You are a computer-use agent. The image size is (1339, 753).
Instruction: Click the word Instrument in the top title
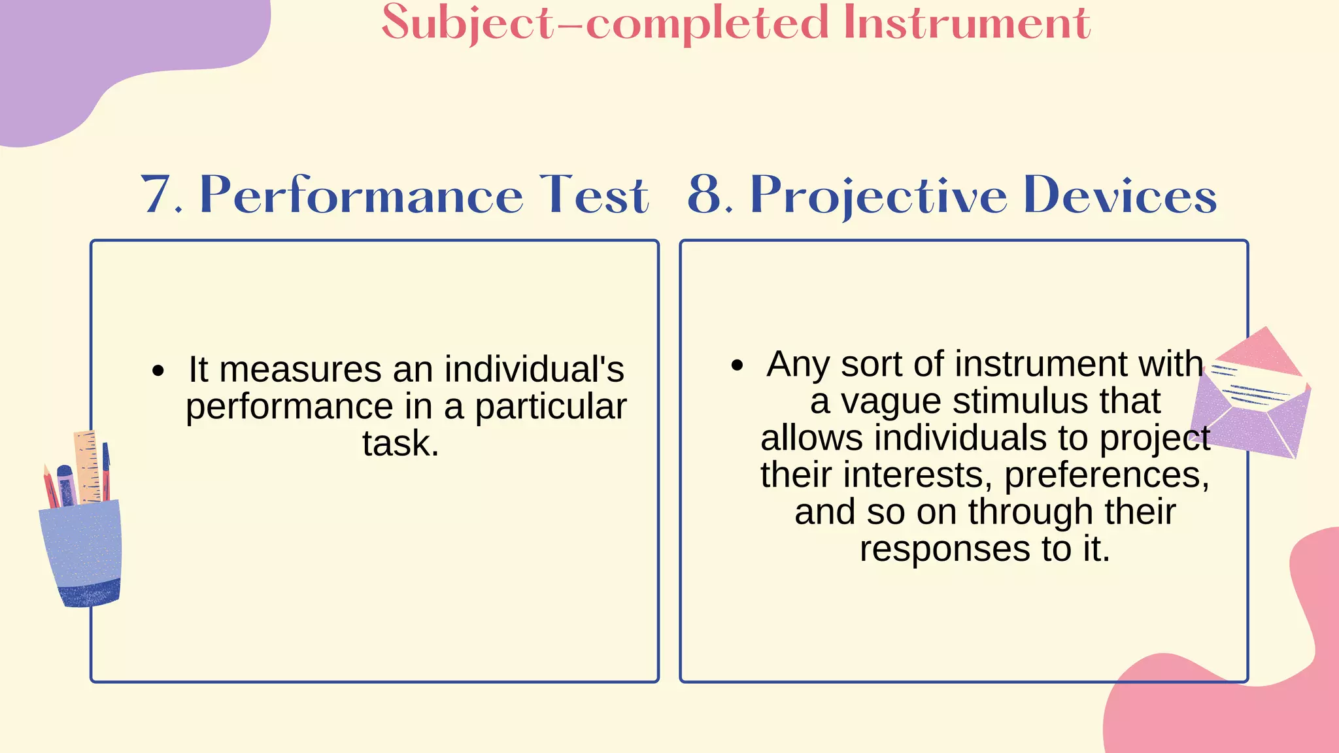click(966, 24)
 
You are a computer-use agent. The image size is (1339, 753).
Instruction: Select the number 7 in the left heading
click(157, 195)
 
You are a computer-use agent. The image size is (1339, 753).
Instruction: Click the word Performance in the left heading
click(361, 195)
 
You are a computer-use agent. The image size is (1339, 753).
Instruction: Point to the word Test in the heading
click(594, 195)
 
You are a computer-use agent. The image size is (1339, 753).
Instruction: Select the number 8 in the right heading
click(705, 195)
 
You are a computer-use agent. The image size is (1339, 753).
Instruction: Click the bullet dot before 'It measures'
click(158, 371)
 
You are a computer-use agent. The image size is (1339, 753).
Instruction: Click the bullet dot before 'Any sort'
click(737, 365)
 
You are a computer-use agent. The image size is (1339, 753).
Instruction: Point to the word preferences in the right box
click(1106, 475)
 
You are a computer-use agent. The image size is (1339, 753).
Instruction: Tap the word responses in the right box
click(945, 549)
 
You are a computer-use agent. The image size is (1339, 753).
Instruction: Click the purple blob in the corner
click(98, 52)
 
